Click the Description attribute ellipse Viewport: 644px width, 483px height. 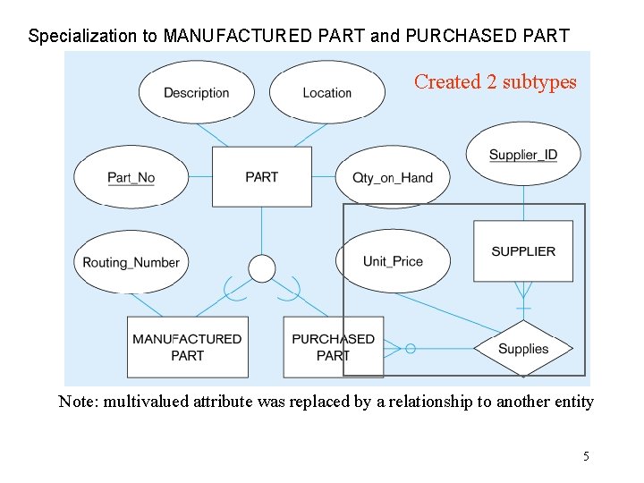click(x=197, y=92)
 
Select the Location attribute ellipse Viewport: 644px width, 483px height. click(x=326, y=92)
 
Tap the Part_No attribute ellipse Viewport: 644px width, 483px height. click(x=131, y=177)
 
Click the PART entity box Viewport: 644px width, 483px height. click(x=261, y=177)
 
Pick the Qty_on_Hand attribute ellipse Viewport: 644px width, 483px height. click(x=393, y=177)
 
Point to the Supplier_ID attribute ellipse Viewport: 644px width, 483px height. click(x=522, y=155)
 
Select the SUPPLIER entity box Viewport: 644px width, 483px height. click(x=523, y=251)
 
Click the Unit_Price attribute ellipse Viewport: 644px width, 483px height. click(x=393, y=261)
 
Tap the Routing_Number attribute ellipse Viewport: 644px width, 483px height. click(x=131, y=262)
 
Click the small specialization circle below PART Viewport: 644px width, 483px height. click(x=261, y=268)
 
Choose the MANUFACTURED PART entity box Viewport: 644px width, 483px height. click(x=187, y=347)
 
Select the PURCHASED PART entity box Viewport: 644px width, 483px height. click(x=333, y=347)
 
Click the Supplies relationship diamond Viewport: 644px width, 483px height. click(x=523, y=349)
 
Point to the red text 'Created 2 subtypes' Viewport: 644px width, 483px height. click(x=495, y=82)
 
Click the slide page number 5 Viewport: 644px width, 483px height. click(x=586, y=456)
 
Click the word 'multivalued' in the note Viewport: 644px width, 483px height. click(x=144, y=402)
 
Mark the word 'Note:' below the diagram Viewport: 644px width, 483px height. click(x=78, y=402)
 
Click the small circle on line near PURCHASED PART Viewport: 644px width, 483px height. click(x=410, y=349)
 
